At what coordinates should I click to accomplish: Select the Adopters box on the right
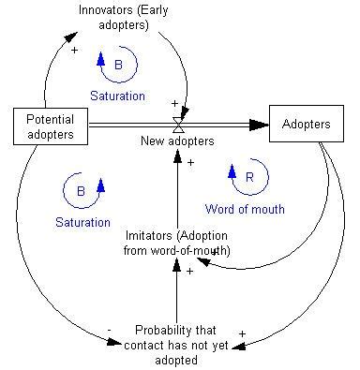click(x=306, y=123)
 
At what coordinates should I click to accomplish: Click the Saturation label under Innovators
click(x=117, y=96)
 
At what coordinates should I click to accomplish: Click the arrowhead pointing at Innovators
click(x=70, y=37)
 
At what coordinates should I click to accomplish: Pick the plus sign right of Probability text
click(x=242, y=333)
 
